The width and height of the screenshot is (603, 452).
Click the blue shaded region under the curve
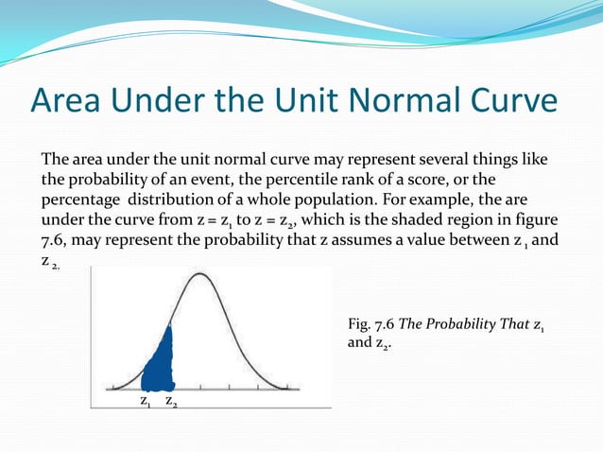pos(160,364)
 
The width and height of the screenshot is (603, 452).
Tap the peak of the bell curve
pos(198,275)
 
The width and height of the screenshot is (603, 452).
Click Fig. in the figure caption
pos(360,325)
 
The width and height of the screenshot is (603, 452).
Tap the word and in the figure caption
pos(360,343)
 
